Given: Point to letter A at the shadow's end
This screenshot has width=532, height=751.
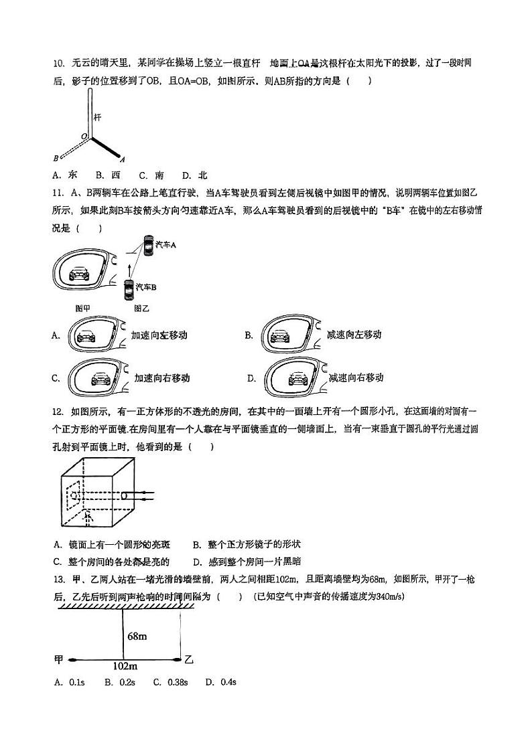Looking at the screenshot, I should pos(122,159).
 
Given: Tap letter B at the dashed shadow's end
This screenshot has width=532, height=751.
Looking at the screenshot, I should pos(56,159).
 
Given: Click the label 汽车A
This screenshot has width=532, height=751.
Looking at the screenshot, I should pos(165,246).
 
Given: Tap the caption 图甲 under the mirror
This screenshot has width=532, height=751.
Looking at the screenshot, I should pos(84,309).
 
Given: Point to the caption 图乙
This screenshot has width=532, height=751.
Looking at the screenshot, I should pos(141,309).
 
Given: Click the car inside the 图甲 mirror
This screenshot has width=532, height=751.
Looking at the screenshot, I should pos(80,274).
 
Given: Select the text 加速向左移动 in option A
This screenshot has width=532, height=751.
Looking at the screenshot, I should pos(159,335).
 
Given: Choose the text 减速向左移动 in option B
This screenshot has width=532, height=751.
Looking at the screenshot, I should pos(354,335).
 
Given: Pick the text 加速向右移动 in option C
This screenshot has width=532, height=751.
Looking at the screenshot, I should pos(161,378).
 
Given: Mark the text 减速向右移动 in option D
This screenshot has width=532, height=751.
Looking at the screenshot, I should pos(356,378).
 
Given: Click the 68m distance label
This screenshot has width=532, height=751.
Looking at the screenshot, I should pos(137,636).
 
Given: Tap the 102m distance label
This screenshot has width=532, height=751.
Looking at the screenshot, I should pos(125,666).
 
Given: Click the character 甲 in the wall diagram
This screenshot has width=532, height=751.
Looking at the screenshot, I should pos(58,660).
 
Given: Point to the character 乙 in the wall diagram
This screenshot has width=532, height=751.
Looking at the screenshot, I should pos(189,660).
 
